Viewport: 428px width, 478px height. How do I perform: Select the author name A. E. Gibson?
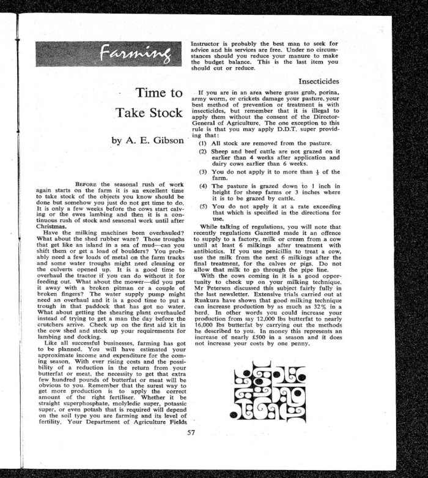point(147,140)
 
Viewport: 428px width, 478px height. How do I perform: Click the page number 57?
point(191,434)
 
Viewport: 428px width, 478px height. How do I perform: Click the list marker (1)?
point(203,142)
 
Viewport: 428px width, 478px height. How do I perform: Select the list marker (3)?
point(203,172)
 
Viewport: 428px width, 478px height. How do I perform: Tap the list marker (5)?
point(203,206)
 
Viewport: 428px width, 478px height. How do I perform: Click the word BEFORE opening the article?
point(87,184)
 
